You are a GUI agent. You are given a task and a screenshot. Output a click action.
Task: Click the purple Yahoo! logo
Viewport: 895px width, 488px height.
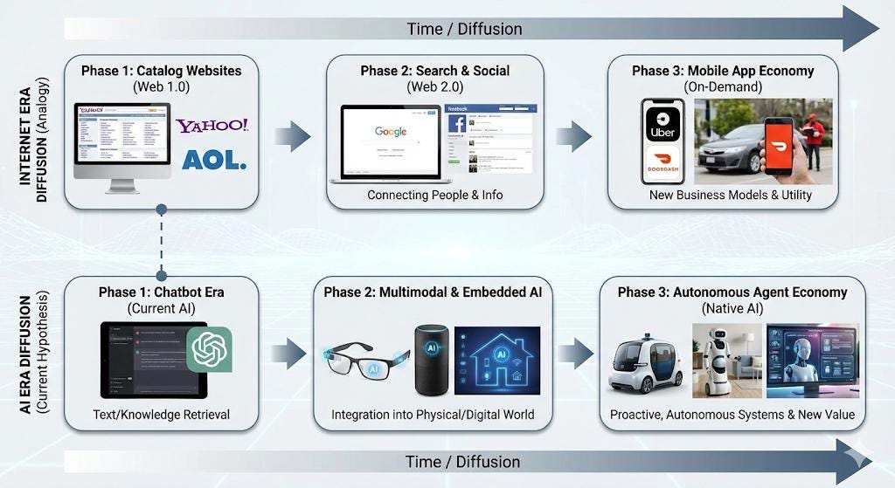[212, 126]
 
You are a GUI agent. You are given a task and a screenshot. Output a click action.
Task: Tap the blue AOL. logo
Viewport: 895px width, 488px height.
[214, 160]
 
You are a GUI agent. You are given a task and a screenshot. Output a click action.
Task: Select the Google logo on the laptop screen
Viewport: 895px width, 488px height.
[391, 132]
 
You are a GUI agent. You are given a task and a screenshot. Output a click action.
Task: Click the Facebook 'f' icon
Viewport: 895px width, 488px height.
[456, 123]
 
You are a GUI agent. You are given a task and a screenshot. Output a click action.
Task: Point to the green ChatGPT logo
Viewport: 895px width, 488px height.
[209, 349]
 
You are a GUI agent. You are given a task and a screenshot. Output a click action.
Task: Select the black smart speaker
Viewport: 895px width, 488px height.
[431, 360]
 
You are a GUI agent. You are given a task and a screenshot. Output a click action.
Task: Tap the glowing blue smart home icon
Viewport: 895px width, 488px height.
[496, 360]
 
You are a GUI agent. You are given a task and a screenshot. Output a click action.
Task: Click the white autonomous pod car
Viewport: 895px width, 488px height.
[645, 364]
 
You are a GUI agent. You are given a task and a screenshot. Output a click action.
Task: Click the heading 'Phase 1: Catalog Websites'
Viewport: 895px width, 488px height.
[161, 71]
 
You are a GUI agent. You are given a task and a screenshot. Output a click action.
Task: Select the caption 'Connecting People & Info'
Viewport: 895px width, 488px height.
[434, 195]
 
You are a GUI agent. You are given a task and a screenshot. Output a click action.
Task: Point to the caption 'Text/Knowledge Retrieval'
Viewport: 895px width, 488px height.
[162, 414]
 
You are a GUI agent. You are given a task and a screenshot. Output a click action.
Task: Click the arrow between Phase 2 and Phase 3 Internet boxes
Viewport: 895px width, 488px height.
[573, 135]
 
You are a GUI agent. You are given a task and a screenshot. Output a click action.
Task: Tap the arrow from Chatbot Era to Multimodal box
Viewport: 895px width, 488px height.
[288, 354]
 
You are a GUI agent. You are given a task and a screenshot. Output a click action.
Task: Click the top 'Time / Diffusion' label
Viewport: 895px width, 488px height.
[464, 29]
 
